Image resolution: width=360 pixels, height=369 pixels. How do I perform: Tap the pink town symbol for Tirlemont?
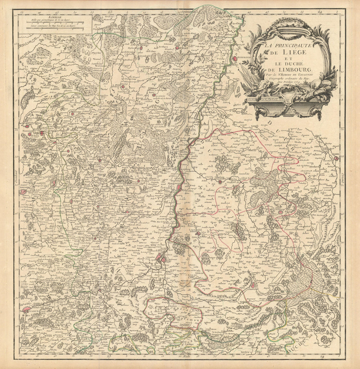click(x=24, y=192)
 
